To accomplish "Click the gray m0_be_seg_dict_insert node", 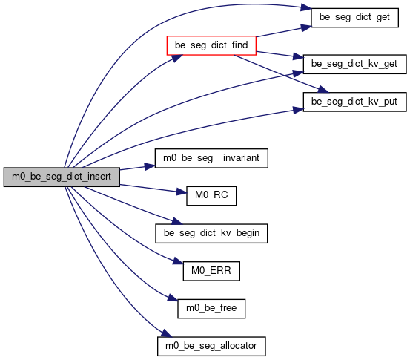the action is pyautogui.click(x=62, y=177).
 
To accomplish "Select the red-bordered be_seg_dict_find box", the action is pyautogui.click(x=211, y=45).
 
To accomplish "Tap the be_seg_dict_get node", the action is pyautogui.click(x=355, y=17).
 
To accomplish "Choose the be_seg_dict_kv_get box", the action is pyautogui.click(x=355, y=64).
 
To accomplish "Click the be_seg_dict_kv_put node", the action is pyautogui.click(x=355, y=102).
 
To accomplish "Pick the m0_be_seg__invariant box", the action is pyautogui.click(x=211, y=158).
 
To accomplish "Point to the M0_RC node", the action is pyautogui.click(x=211, y=196).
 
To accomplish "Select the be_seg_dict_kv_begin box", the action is pyautogui.click(x=211, y=234).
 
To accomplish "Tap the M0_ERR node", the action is pyautogui.click(x=211, y=271).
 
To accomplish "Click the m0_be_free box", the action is pyautogui.click(x=211, y=309).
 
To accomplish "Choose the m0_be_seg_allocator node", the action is pyautogui.click(x=211, y=346).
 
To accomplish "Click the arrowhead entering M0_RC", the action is pyautogui.click(x=182, y=192).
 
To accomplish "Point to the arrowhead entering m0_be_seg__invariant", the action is pyautogui.click(x=150, y=166).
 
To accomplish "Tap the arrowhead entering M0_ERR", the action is pyautogui.click(x=178, y=261).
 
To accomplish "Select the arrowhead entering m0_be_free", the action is pyautogui.click(x=173, y=298).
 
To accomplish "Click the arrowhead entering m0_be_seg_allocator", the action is pyautogui.click(x=166, y=333).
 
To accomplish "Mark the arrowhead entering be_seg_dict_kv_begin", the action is pyautogui.click(x=176, y=221).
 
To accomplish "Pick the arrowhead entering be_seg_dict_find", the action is pyautogui.click(x=177, y=58).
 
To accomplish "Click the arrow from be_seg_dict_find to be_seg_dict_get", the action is pyautogui.click(x=283, y=32).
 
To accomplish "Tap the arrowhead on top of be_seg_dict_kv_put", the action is pyautogui.click(x=323, y=90).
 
